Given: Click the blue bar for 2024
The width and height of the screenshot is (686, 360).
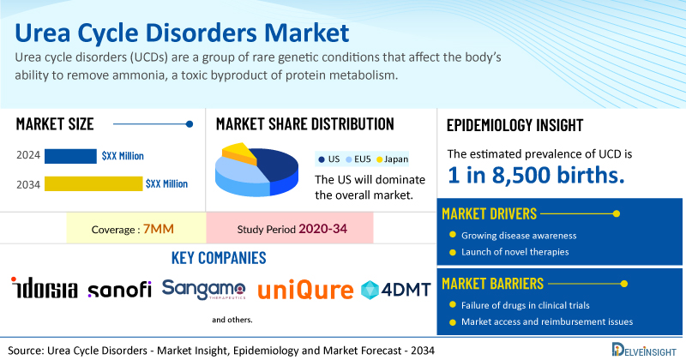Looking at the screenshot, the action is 70,156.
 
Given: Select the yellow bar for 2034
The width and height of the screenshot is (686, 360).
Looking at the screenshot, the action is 93,183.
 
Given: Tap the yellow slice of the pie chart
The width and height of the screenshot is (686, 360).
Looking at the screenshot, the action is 238,153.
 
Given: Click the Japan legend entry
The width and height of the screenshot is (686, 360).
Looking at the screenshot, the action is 392,159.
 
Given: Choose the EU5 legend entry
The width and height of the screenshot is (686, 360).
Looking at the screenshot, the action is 358,159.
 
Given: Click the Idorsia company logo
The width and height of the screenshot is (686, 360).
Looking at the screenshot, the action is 45,288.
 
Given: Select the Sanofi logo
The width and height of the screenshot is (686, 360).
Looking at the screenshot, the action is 119,290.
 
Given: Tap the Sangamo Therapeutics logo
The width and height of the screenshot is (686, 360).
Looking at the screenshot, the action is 203,290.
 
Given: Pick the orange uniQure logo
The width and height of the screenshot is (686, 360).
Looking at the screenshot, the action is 305,290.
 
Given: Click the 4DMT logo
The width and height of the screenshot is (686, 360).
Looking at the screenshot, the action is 396,290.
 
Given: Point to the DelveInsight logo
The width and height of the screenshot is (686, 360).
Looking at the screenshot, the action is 644,349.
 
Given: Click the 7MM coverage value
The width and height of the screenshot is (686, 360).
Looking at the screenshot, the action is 159,229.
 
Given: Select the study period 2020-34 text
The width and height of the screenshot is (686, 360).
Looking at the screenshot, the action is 323,228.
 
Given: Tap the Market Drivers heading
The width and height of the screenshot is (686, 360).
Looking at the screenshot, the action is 489,213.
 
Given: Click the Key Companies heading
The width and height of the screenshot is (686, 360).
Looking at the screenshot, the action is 219,258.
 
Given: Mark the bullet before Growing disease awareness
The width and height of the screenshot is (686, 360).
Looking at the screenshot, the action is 453,235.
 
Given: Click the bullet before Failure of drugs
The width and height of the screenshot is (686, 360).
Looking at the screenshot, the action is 453,304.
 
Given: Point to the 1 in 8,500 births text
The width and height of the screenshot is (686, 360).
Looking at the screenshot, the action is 536,175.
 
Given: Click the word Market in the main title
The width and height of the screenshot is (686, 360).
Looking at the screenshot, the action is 306,33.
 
